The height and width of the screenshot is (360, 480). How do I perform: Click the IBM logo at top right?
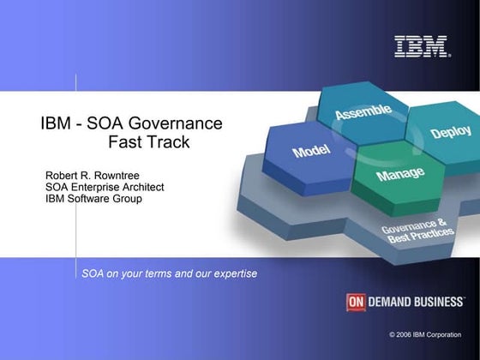(422, 47)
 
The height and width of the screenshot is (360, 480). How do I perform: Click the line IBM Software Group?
(93, 200)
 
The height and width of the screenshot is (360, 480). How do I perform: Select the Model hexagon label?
(312, 152)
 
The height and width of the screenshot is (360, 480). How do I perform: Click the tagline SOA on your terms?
(129, 274)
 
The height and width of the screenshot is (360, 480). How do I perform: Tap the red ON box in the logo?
(357, 302)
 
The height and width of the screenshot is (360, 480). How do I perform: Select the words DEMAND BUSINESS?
(416, 302)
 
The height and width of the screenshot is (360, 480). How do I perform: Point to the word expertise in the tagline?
(231, 274)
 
